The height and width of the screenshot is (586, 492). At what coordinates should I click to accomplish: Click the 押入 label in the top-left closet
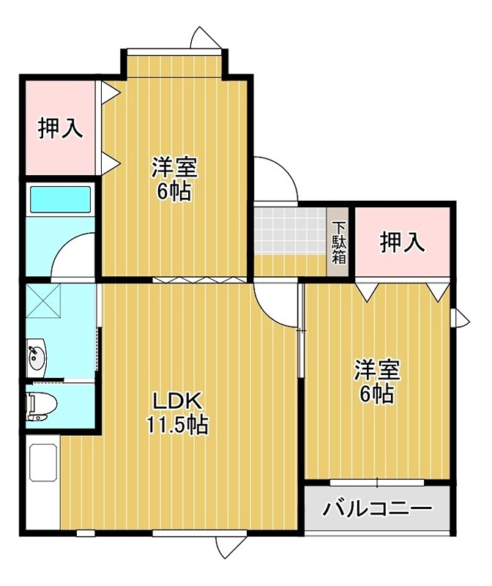[x=60, y=128]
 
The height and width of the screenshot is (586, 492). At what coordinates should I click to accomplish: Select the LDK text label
[x=176, y=401]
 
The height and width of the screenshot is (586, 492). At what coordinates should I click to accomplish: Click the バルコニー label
[x=377, y=507]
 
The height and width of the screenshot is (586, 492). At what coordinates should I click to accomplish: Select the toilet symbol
[x=38, y=404]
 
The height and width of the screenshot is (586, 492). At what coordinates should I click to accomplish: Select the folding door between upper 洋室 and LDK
[x=195, y=280]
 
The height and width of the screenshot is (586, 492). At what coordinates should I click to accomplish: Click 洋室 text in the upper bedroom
[x=174, y=168]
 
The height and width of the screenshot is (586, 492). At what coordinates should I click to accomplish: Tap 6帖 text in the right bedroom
[x=376, y=393]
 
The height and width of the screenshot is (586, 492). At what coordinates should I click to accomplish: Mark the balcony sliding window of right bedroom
[x=377, y=482]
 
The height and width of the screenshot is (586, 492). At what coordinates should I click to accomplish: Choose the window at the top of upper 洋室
[x=174, y=51]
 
